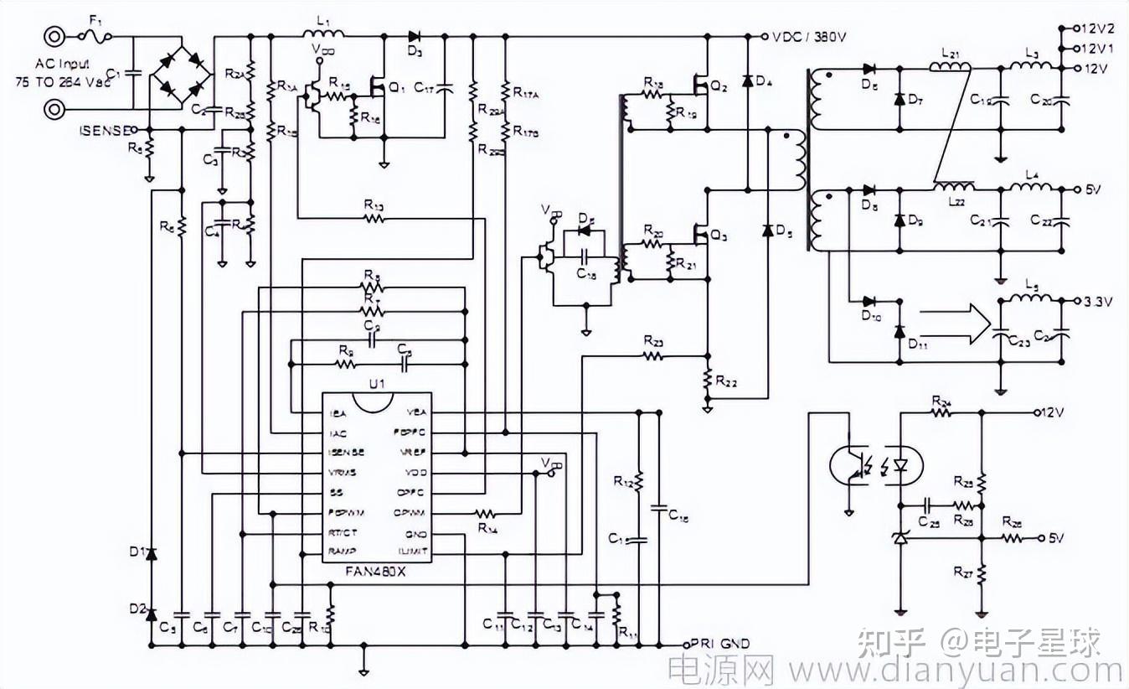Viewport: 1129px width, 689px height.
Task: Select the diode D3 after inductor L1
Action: click(x=415, y=37)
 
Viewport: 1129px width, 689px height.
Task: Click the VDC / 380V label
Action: click(x=809, y=37)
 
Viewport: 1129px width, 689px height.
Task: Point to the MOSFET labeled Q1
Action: click(x=379, y=85)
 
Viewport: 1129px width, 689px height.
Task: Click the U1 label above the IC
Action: click(x=377, y=384)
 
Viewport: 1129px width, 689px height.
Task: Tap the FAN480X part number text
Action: click(x=377, y=572)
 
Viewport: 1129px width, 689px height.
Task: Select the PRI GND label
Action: click(x=719, y=644)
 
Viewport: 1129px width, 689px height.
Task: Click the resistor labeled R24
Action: click(x=941, y=412)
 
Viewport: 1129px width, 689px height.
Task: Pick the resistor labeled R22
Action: click(x=707, y=381)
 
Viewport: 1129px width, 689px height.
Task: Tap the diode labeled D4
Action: click(x=746, y=81)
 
